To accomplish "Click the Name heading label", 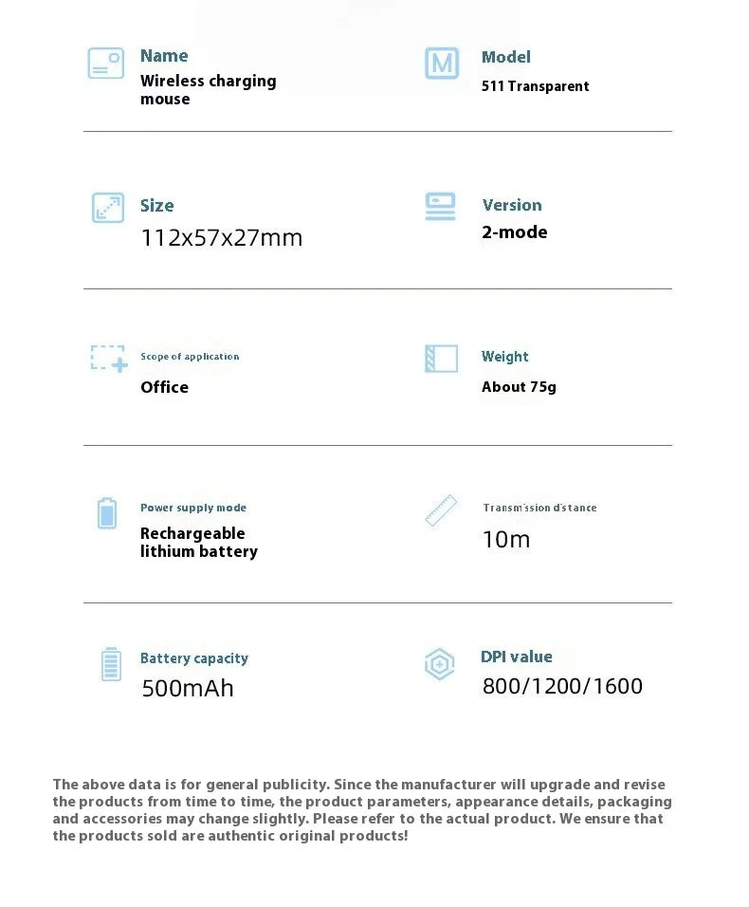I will [x=164, y=56].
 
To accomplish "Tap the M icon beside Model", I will [x=441, y=64].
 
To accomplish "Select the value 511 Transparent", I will [x=535, y=86].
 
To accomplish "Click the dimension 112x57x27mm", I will [x=221, y=237].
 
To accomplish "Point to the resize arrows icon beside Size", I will [x=107, y=208].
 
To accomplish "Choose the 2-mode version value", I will [x=514, y=232].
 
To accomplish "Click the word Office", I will [x=164, y=387].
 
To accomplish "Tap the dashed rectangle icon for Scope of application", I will [x=108, y=358].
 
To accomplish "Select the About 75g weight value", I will [x=519, y=387].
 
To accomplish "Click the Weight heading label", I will [x=504, y=357].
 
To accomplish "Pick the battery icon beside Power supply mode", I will [x=107, y=513].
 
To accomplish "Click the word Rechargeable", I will [x=192, y=533].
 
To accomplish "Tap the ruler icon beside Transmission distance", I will [x=441, y=510].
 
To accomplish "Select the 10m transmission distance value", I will [x=505, y=540].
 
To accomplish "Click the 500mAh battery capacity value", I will [x=187, y=688].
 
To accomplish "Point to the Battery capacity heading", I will [x=193, y=658].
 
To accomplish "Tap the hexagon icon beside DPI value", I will [x=439, y=664].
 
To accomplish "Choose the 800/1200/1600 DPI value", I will [x=562, y=686].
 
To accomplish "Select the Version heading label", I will [x=512, y=205].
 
